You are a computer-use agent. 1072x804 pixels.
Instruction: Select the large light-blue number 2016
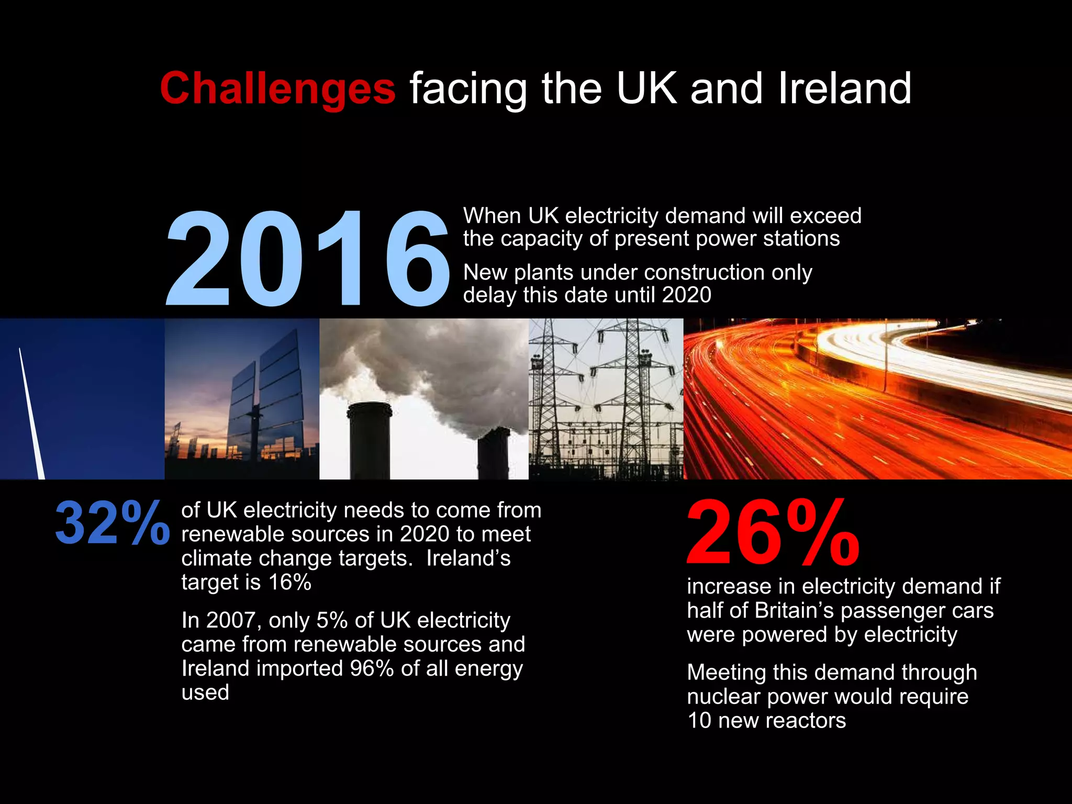coord(308,258)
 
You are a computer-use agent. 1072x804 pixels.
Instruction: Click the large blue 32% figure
coord(112,522)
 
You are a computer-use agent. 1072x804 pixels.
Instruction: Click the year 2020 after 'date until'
coord(686,295)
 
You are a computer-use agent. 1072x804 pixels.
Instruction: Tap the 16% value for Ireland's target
coord(290,582)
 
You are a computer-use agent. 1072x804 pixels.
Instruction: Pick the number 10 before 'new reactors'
coord(699,721)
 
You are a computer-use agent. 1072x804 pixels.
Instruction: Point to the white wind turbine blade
coord(31,414)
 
